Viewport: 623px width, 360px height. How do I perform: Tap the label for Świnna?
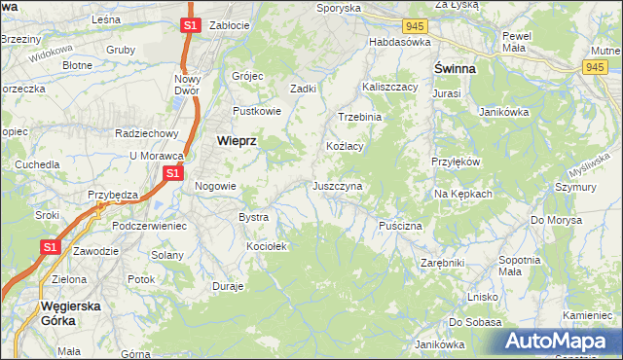point(454,69)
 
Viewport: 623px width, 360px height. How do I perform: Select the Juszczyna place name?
point(337,185)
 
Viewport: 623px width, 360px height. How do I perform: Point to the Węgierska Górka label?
point(72,313)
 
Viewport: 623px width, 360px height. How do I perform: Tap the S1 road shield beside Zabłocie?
point(190,25)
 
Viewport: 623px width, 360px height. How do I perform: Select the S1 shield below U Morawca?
point(172,173)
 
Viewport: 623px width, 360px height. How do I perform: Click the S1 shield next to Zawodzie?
point(51,248)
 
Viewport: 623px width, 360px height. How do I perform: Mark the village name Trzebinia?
point(360,116)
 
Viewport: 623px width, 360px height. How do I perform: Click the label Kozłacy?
point(344,146)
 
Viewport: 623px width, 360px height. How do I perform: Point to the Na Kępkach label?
point(463,194)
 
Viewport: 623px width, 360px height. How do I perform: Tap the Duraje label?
point(228,287)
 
